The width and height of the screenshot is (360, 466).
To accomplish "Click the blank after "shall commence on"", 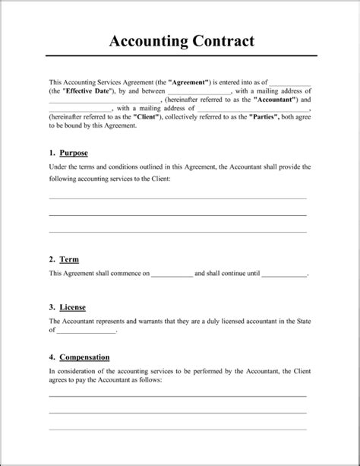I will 172,274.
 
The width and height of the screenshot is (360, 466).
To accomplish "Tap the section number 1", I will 51,153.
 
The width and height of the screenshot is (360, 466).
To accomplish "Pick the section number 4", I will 51,356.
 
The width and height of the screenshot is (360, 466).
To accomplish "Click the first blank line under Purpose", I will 179,198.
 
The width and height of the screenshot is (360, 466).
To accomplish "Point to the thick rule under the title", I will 179,55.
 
